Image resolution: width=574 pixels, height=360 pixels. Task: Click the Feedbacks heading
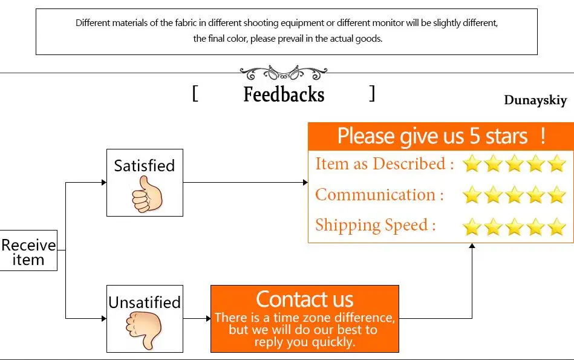284,95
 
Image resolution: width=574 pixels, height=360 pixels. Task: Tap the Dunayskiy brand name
535,100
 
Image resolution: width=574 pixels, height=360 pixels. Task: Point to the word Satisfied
145,166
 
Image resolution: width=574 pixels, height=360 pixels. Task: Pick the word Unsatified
145,302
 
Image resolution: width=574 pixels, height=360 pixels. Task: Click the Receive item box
28,252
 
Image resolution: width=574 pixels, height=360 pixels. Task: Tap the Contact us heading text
304,299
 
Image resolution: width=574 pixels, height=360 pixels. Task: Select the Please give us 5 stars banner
441,136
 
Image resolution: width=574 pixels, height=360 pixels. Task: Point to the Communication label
379,195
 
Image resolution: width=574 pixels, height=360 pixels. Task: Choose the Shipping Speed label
375,225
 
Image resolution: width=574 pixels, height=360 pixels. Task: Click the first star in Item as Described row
472,164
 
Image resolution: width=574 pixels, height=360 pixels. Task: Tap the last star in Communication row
556,195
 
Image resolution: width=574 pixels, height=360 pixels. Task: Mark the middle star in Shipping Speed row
514,226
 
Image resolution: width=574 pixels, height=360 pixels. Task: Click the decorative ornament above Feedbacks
284,73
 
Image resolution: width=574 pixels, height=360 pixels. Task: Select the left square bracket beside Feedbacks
195,94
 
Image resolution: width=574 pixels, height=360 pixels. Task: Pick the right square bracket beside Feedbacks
373,94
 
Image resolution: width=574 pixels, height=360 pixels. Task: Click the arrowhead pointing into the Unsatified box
103,318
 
